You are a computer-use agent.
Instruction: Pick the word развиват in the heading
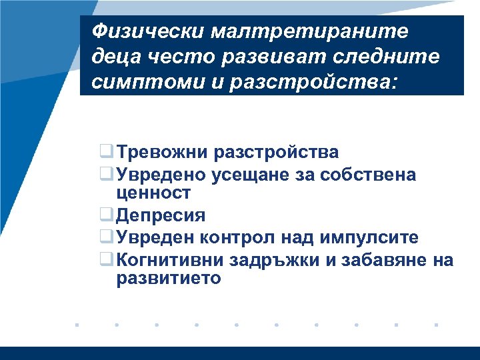266,58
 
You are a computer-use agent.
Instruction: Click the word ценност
153,193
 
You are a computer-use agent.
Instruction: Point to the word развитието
168,278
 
